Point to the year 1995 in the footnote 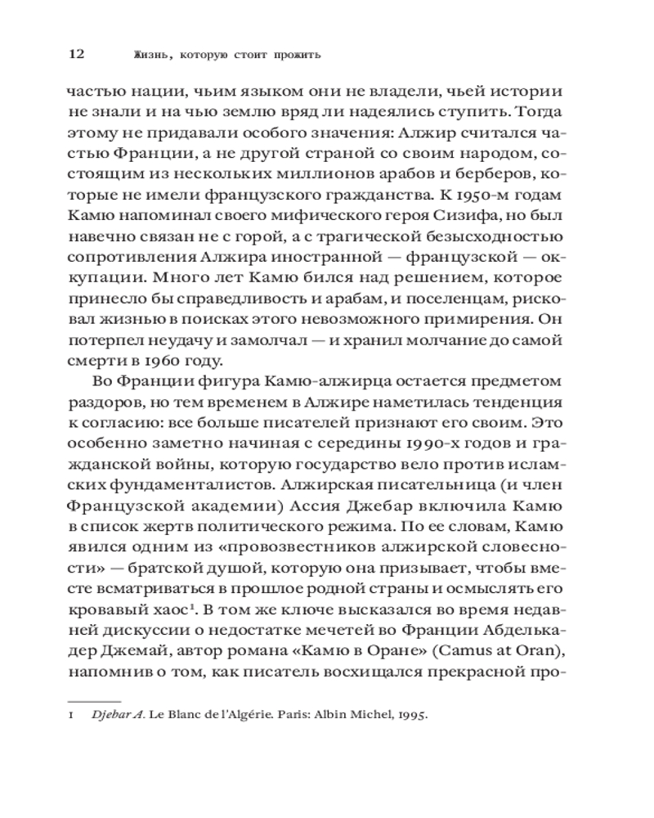click(x=411, y=714)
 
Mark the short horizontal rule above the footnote click(x=93, y=700)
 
